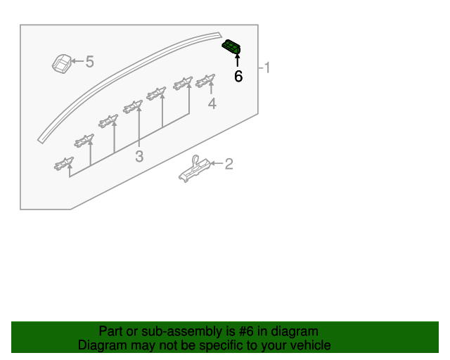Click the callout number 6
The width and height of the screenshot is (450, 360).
[x=238, y=77]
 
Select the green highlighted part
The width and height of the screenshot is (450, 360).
[x=231, y=46]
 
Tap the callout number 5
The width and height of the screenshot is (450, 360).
[x=90, y=62]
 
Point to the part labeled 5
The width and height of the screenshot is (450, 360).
[x=62, y=63]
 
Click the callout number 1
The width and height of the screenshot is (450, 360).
[x=267, y=67]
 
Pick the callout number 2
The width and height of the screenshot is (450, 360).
[x=229, y=164]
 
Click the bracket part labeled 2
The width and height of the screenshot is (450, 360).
[x=194, y=169]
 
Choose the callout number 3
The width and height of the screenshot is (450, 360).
[x=139, y=157]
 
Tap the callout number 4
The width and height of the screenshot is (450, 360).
[x=212, y=103]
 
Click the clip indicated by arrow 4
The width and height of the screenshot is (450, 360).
[x=205, y=81]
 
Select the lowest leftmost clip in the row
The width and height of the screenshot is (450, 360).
[x=64, y=164]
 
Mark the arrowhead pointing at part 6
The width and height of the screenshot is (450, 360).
[x=238, y=56]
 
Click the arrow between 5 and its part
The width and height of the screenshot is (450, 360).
[x=77, y=61]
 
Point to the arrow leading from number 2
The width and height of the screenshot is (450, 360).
[x=217, y=163]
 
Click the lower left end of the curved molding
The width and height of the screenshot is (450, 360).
[x=41, y=141]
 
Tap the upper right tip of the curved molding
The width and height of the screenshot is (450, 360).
[x=220, y=34]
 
